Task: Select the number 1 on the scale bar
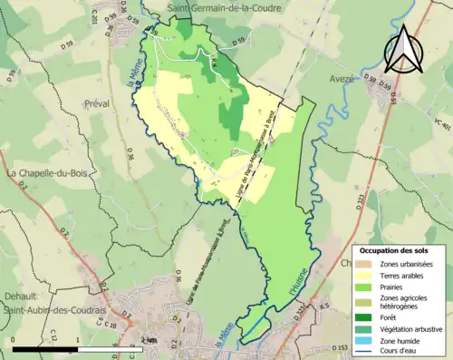(x=78, y=341)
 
